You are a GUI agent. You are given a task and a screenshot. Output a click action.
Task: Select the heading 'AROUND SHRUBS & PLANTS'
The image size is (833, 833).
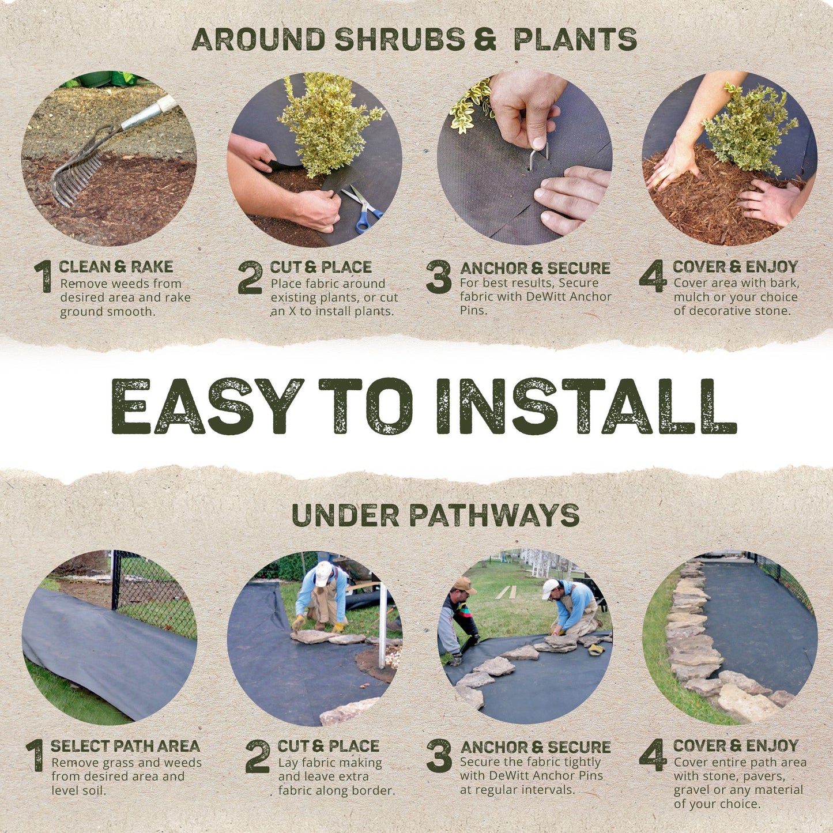414,39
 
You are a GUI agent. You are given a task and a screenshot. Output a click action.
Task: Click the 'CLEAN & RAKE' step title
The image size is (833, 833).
116,267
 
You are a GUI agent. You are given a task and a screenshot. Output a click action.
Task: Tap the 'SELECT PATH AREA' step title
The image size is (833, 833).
125,746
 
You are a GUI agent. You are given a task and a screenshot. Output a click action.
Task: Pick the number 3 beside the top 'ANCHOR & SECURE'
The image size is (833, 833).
439,277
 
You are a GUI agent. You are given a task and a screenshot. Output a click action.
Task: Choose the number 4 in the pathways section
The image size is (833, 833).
653,755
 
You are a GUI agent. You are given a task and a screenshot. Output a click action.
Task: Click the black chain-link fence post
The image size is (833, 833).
116,579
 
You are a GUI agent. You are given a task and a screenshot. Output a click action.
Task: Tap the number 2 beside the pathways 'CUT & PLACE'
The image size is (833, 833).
258,756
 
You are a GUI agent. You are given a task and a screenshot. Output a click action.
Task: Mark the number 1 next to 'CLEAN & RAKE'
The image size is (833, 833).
44,277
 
